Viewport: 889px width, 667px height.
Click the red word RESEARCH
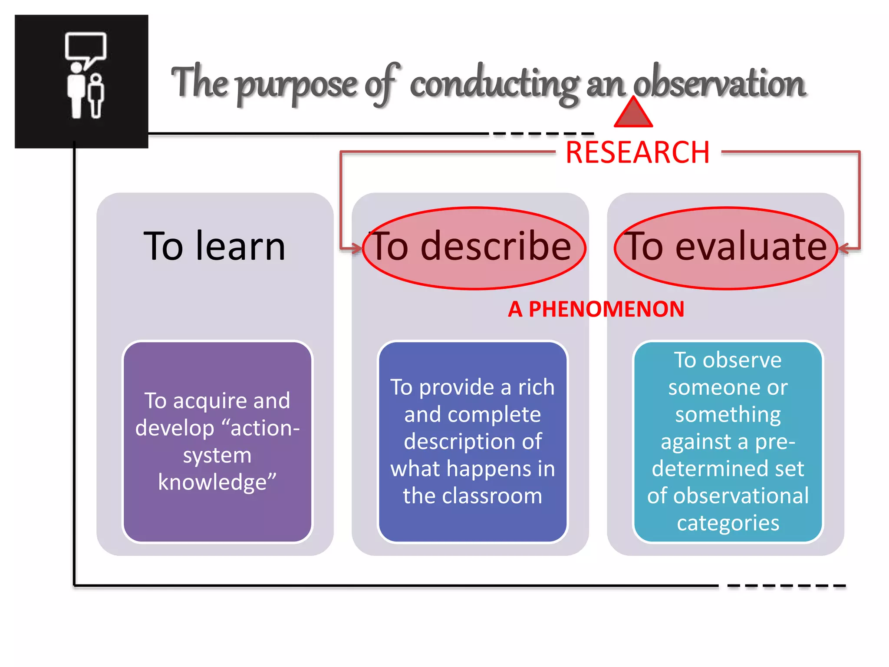tap(637, 153)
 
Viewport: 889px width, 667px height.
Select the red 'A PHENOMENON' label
tap(596, 309)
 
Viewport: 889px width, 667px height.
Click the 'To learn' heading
tap(214, 246)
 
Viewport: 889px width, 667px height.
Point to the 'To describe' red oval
tap(474, 248)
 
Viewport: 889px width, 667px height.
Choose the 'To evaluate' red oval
tap(726, 248)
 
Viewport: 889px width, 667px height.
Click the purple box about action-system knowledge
tap(217, 442)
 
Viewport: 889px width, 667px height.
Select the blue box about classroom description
tap(473, 442)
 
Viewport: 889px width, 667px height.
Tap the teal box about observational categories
tap(728, 442)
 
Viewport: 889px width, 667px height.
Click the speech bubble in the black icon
tap(86, 47)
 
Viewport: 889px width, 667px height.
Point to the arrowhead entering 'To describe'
tap(357, 248)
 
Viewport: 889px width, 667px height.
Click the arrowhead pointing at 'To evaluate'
tap(843, 248)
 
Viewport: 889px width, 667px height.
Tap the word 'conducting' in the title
tap(494, 85)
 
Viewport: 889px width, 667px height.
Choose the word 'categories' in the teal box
tap(728, 523)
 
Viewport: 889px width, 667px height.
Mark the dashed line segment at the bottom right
tap(786, 586)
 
